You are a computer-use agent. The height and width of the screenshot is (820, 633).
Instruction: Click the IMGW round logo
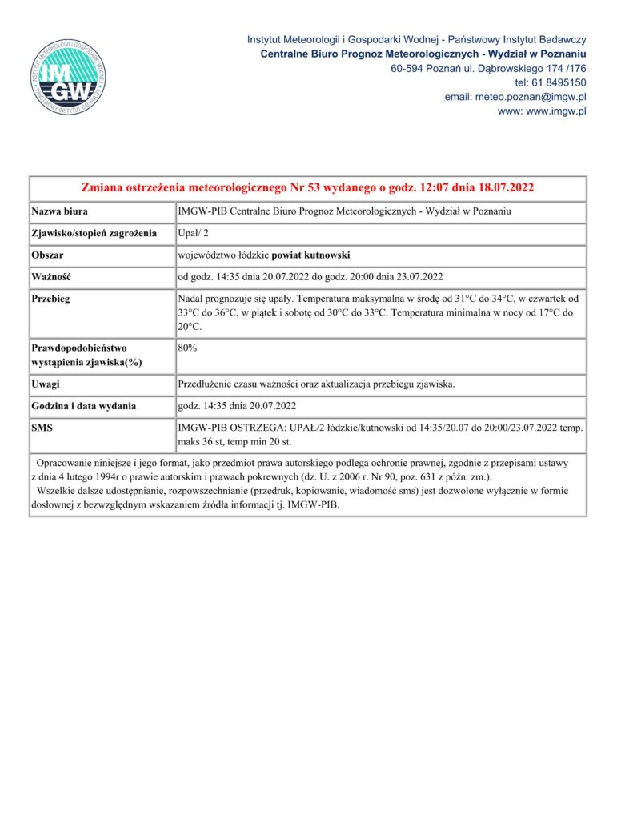(69, 76)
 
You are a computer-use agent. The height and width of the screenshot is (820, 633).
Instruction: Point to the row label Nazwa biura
(60, 212)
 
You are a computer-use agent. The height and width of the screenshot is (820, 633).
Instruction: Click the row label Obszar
(47, 255)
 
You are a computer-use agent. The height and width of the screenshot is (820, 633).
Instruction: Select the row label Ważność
(52, 277)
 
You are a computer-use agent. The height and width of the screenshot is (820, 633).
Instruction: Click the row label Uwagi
(46, 384)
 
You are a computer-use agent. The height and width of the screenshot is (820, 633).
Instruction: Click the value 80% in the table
(188, 348)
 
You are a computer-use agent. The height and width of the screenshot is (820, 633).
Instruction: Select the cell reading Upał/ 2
(194, 234)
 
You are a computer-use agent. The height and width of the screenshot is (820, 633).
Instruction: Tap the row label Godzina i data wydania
(84, 406)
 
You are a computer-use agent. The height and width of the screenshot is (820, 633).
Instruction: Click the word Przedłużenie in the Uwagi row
(210, 384)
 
